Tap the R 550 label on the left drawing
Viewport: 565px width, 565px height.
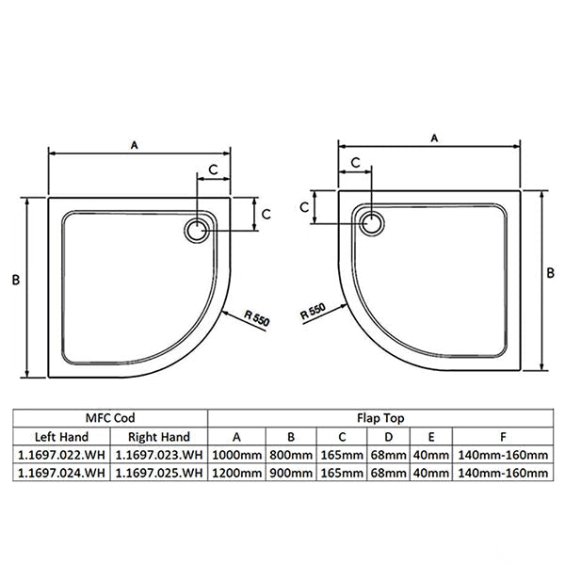tap(256, 318)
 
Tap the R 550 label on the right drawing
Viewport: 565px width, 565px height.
tap(314, 311)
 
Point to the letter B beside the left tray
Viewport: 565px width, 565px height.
tap(16, 280)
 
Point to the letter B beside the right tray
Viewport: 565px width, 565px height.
tap(550, 273)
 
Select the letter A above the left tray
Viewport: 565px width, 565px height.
tap(134, 145)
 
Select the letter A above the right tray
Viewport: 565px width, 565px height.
tap(434, 138)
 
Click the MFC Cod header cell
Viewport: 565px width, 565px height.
tap(110, 418)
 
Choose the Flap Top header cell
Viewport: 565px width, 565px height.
tap(380, 418)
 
